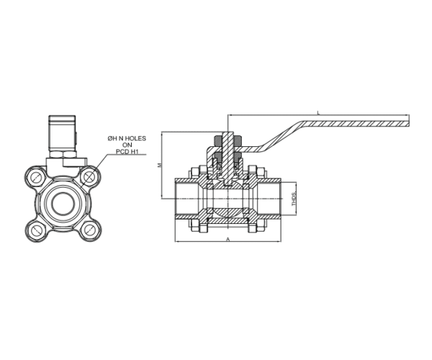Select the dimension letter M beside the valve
pyautogui.click(x=160, y=165)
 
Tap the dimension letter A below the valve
pyautogui.click(x=228, y=237)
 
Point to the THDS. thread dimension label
pyautogui.click(x=293, y=199)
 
